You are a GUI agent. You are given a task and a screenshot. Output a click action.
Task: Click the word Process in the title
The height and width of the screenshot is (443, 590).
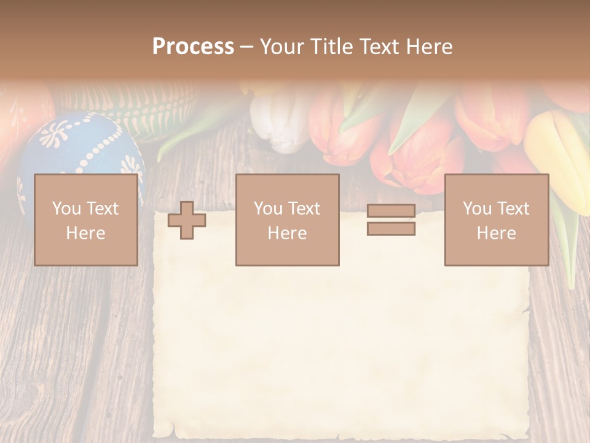click(x=193, y=46)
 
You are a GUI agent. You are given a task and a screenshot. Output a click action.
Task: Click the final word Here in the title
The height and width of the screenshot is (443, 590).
click(x=430, y=47)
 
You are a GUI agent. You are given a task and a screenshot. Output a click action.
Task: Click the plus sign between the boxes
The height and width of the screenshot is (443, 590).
click(x=187, y=220)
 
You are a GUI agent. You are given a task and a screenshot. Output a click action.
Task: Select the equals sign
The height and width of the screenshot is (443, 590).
click(x=391, y=220)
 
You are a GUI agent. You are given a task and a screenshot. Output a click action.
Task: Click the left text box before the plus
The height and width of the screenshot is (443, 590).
click(x=85, y=220)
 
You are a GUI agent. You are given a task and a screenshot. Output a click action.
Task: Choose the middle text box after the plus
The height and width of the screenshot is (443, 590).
click(x=287, y=220)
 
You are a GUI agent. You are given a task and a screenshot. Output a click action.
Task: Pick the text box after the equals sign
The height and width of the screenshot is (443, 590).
click(x=496, y=220)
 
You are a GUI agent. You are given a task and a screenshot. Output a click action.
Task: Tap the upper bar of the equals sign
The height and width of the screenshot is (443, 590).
click(x=391, y=211)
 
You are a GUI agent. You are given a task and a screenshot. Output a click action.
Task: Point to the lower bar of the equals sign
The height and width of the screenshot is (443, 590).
click(x=391, y=229)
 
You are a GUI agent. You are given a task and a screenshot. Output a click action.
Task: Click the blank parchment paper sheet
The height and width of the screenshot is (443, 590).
click(x=341, y=345)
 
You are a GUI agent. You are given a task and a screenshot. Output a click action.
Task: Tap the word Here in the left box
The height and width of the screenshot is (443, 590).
click(x=85, y=233)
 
